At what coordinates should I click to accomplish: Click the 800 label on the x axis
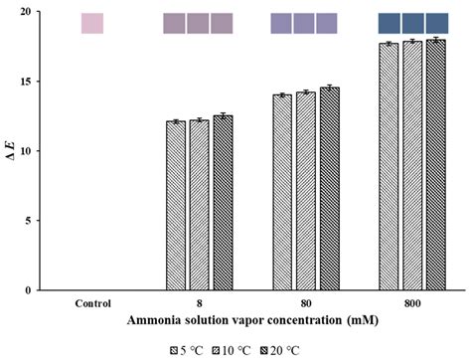click(x=411, y=302)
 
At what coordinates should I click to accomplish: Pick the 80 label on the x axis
click(x=305, y=302)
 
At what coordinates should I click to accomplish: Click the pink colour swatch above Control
click(x=91, y=23)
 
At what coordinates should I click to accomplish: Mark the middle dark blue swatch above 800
click(x=412, y=23)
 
